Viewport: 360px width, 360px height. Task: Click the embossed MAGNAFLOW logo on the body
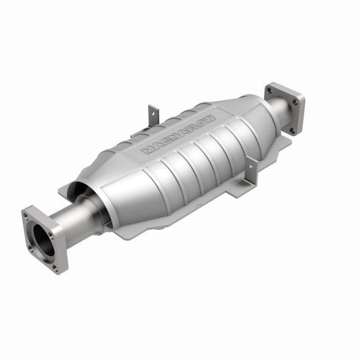click(x=179, y=134)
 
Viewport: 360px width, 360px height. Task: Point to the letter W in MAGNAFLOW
click(x=210, y=118)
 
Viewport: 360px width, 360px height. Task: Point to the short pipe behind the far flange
click(x=274, y=108)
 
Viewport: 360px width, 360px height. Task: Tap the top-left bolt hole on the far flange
click(x=269, y=90)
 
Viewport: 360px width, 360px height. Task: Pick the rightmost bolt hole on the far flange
click(x=296, y=103)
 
